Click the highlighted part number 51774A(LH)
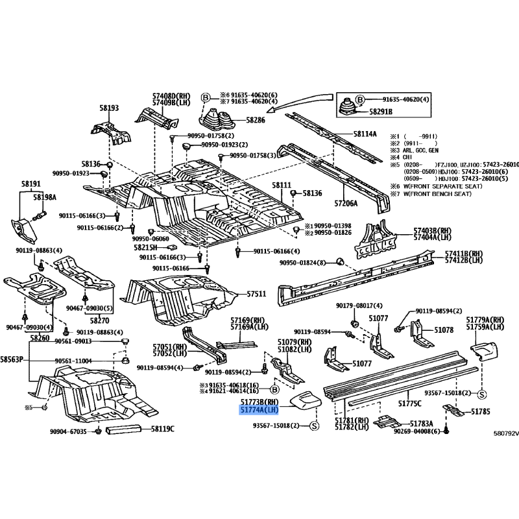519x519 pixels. point(259,411)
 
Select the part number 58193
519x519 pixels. point(109,108)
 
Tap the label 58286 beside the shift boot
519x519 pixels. point(237,121)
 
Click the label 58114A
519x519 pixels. point(365,134)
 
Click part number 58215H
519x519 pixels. point(146,247)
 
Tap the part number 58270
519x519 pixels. point(99,320)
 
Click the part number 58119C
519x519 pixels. point(163,429)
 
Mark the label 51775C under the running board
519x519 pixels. point(410,404)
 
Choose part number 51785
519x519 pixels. point(481,411)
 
